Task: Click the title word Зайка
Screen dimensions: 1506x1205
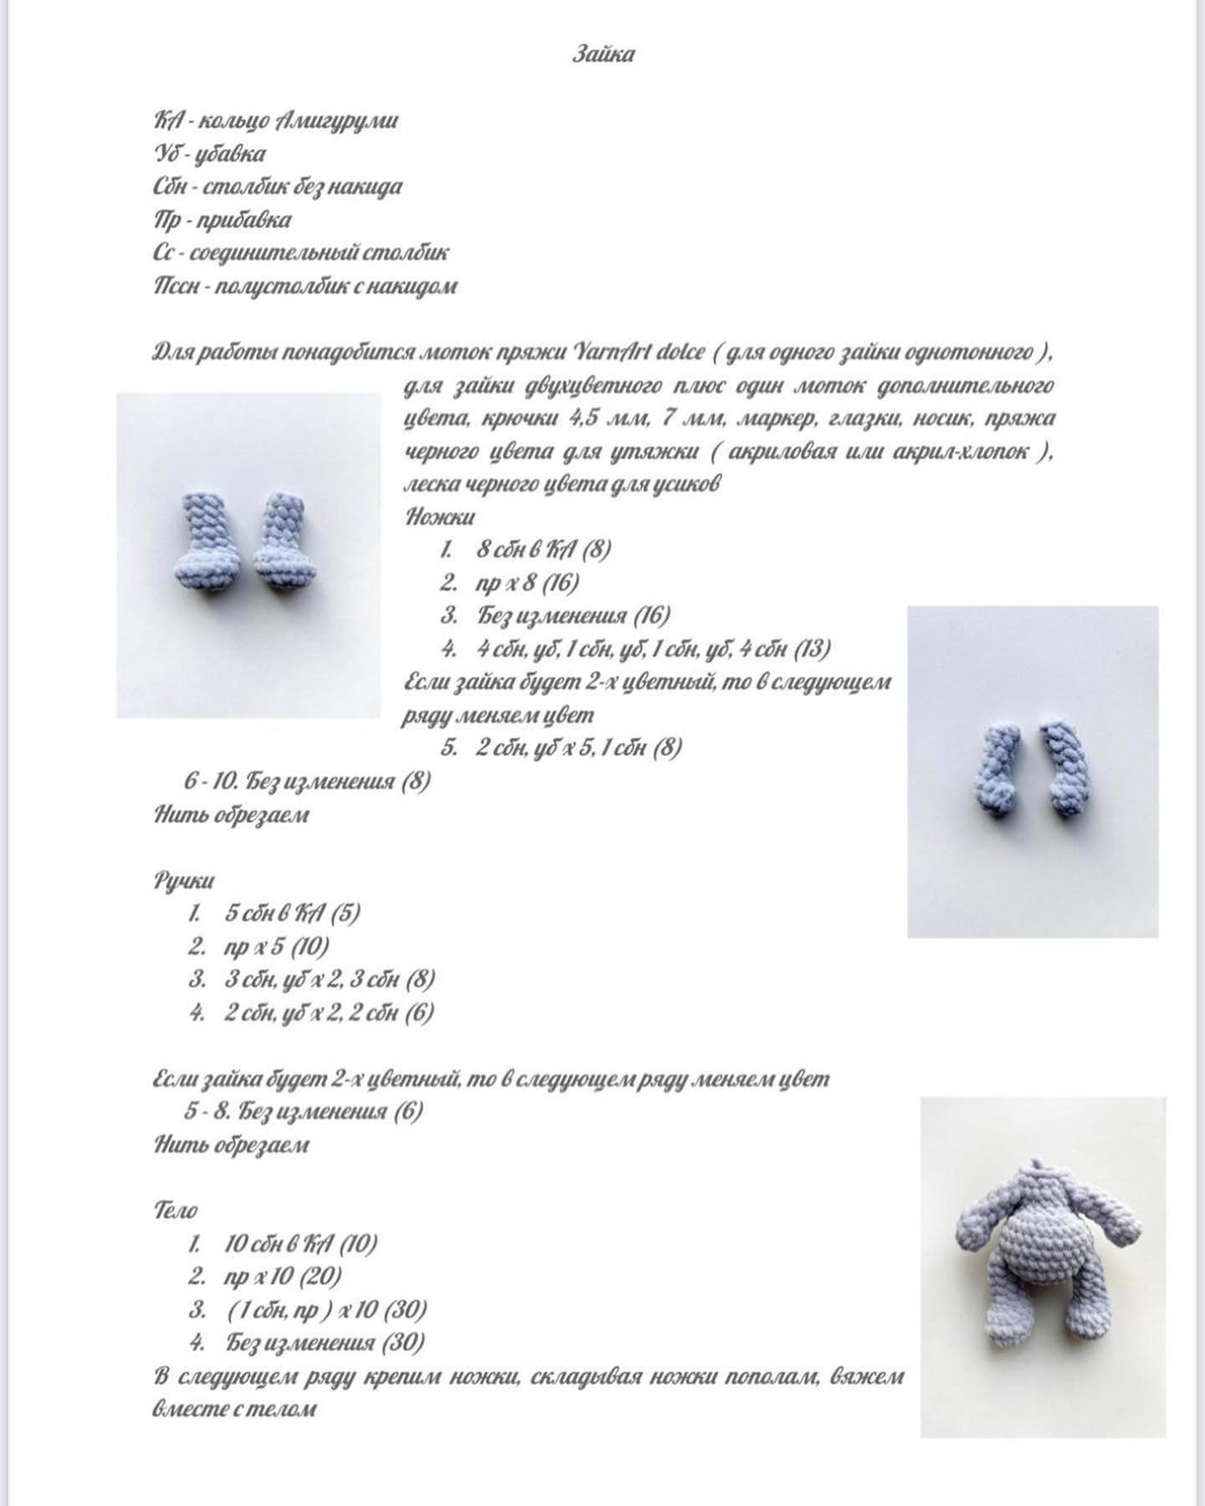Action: tap(603, 55)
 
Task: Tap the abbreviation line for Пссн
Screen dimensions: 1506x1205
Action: tap(305, 286)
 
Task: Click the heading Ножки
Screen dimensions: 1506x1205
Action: tap(440, 517)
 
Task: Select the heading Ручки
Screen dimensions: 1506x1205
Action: tap(184, 880)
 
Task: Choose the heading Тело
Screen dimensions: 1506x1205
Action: tap(176, 1210)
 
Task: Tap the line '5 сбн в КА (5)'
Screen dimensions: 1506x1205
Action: tap(292, 913)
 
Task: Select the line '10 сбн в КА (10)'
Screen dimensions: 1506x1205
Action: tap(300, 1243)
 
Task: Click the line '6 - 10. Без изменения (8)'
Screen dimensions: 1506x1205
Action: tap(307, 781)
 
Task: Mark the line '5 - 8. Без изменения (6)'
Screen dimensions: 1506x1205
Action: tap(303, 1111)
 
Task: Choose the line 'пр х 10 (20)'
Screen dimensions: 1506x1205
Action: tap(283, 1277)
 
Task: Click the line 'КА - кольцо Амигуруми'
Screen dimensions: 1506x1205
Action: tap(275, 121)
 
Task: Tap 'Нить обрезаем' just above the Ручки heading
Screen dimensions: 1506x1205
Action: tap(232, 815)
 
